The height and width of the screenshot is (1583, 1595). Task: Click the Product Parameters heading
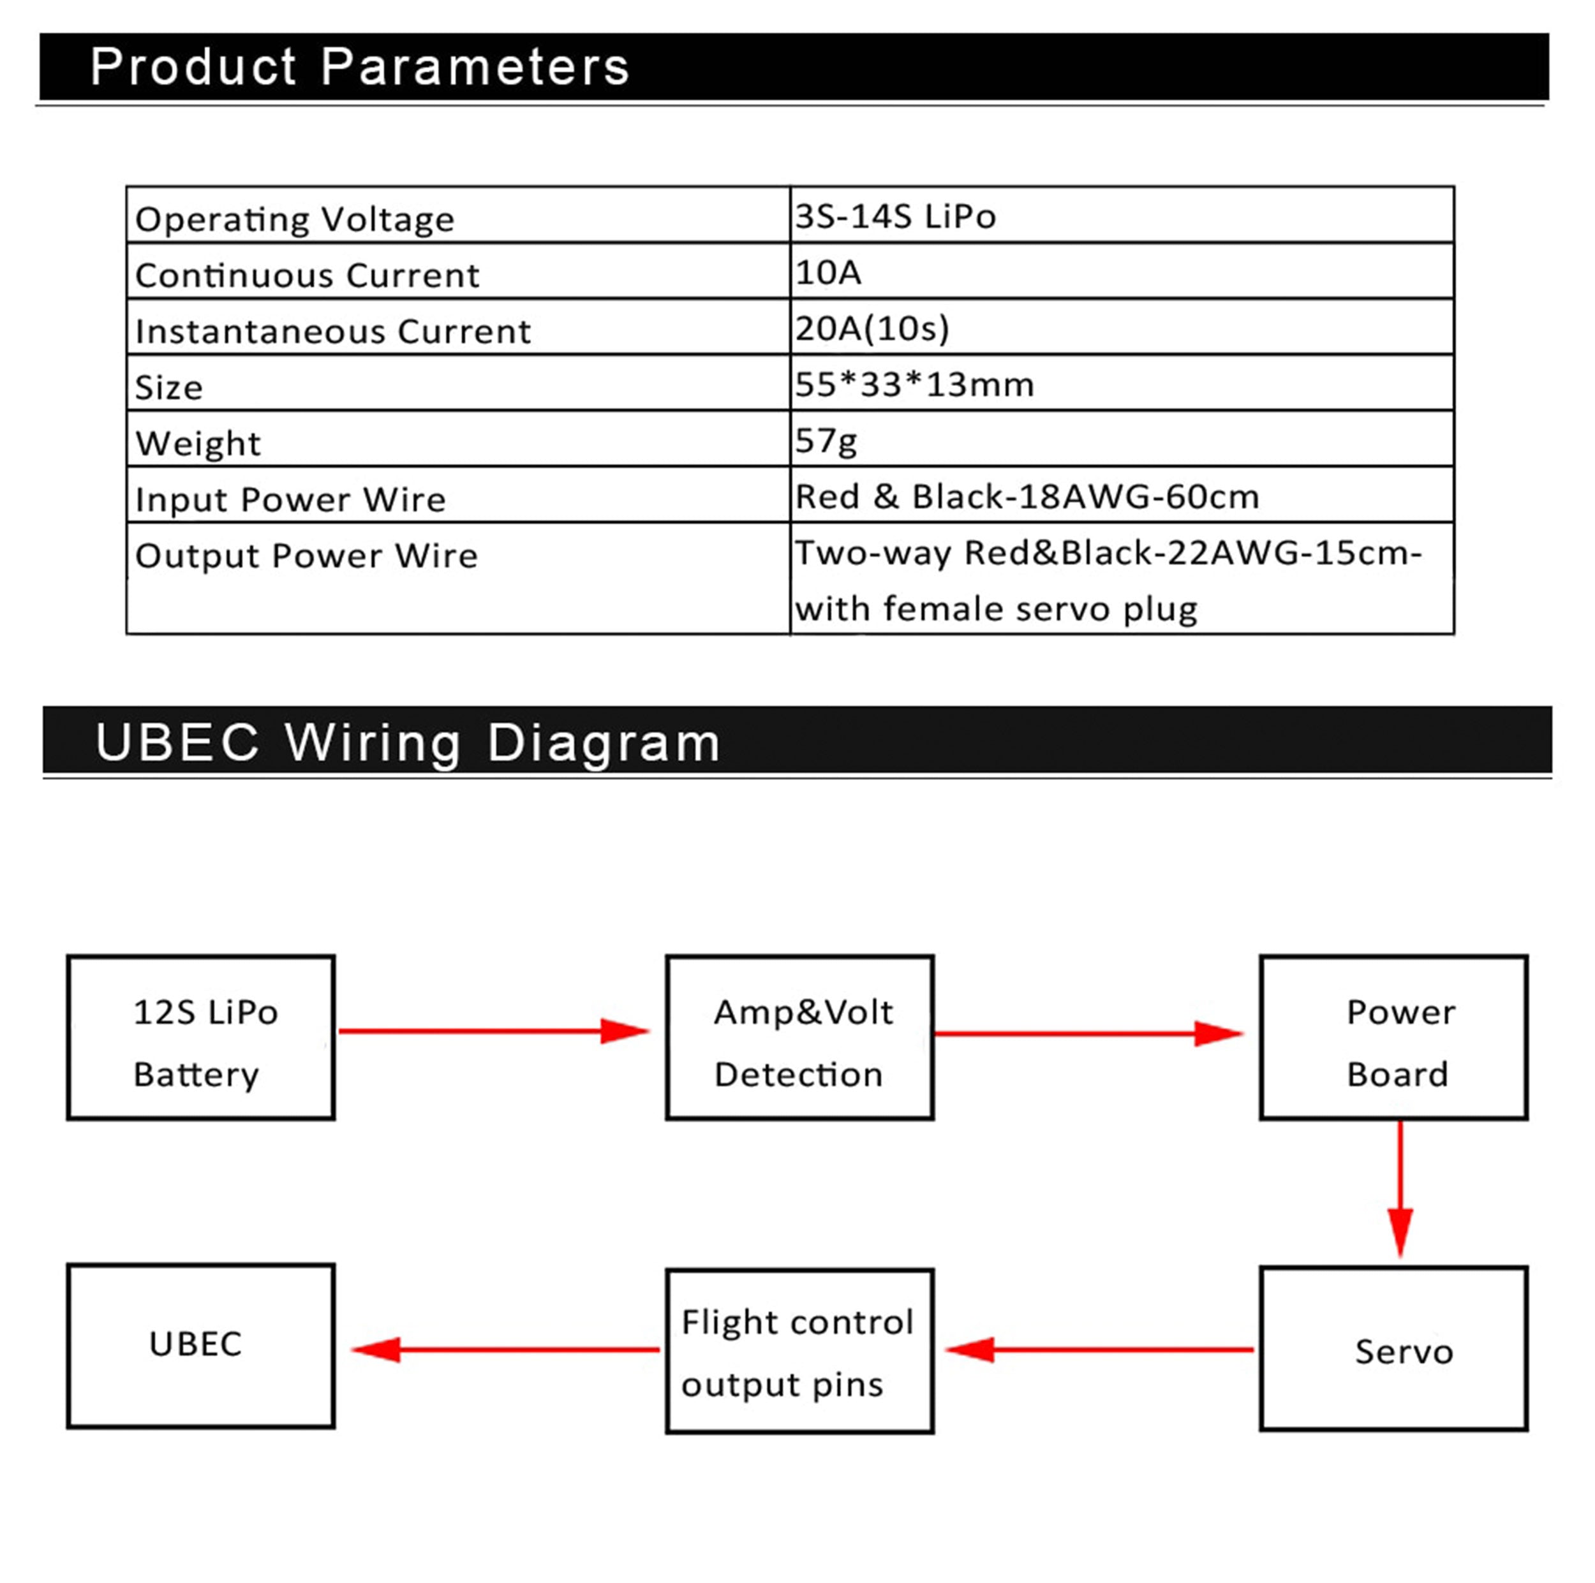click(360, 67)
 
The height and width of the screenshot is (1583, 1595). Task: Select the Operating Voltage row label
click(295, 219)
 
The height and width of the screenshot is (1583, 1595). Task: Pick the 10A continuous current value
click(828, 272)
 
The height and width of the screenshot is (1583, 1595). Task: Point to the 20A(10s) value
click(873, 328)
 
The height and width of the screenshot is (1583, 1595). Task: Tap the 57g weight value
click(826, 441)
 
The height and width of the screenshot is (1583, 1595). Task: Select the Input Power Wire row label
click(290, 499)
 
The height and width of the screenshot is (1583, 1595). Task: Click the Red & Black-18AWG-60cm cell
click(1028, 497)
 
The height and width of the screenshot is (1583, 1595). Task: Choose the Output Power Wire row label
click(307, 556)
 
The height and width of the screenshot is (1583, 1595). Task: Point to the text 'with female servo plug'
click(997, 609)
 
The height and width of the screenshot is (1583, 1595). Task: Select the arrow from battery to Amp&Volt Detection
click(494, 1031)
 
